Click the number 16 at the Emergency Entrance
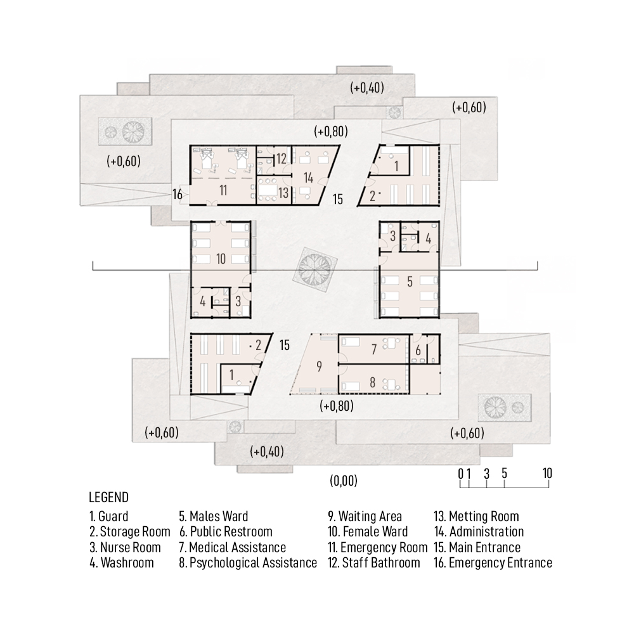(x=178, y=195)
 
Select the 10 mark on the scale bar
(x=547, y=473)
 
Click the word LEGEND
(x=109, y=497)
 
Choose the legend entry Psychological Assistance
(x=248, y=562)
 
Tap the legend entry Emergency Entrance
(x=493, y=562)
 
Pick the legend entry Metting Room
(x=476, y=516)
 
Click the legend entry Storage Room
(x=130, y=531)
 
